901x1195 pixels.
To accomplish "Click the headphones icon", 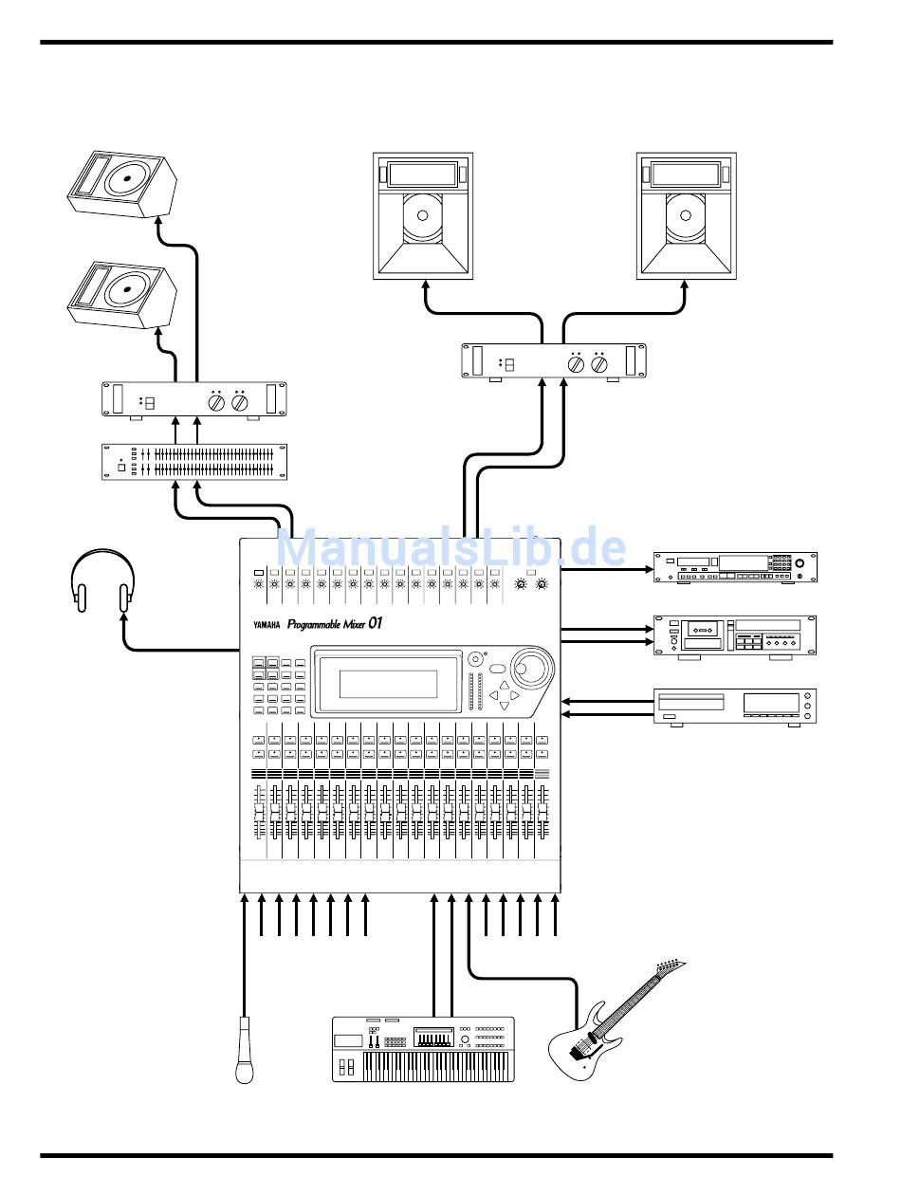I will point(103,579).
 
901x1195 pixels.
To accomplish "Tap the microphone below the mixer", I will point(246,1049).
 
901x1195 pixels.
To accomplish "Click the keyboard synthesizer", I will point(423,1049).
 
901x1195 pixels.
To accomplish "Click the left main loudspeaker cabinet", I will point(422,216).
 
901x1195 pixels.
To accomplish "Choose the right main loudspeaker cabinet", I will point(686,216).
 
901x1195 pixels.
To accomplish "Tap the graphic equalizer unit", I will point(194,461).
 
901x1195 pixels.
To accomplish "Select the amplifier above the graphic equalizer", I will point(194,399).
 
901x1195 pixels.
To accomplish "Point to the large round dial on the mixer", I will point(531,666).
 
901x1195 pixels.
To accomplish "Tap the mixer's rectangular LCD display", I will point(389,684).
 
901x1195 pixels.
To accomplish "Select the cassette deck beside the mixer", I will point(734,635).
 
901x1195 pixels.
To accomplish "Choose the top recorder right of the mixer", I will point(734,567).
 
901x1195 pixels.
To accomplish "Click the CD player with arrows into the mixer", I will point(734,707).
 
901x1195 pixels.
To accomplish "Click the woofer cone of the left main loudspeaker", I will point(421,216).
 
